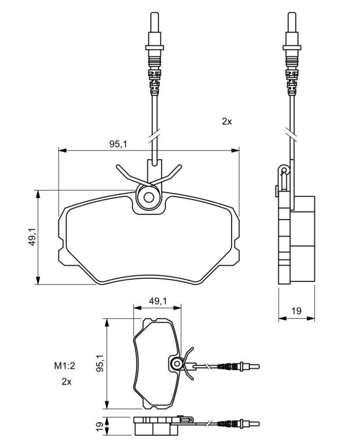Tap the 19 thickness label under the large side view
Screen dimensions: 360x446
[296, 311]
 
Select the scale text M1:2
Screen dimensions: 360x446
[64, 365]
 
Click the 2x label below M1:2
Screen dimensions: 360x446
[66, 382]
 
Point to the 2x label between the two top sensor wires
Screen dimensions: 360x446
[226, 122]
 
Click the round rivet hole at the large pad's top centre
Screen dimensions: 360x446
[149, 197]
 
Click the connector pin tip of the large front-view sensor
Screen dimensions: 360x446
[154, 13]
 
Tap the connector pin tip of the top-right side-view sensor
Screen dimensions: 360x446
[291, 13]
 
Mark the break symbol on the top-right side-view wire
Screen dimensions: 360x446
[291, 134]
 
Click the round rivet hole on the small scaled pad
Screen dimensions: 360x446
[177, 364]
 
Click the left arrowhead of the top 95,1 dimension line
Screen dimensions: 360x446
[62, 150]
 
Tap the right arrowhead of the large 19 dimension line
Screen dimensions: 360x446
[311, 318]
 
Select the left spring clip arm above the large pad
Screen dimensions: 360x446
[131, 175]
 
